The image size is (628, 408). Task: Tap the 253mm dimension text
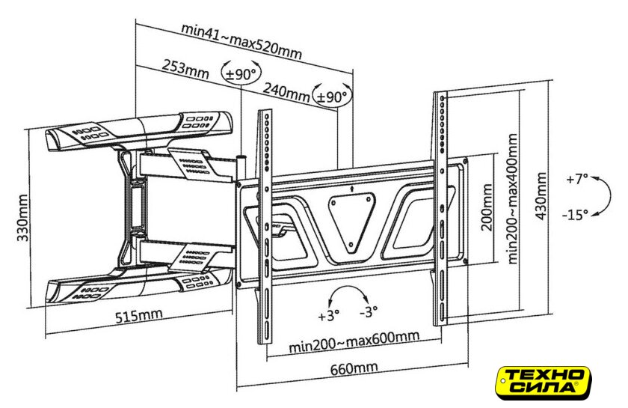tap(185, 68)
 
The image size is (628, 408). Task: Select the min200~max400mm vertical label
tap(513, 198)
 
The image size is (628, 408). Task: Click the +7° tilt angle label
tap(576, 180)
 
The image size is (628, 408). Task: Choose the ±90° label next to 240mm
tap(333, 97)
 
